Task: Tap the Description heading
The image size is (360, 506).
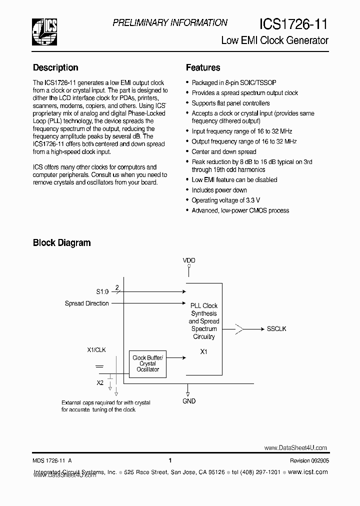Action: pyautogui.click(x=55, y=67)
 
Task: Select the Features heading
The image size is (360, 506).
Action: pyautogui.click(x=203, y=67)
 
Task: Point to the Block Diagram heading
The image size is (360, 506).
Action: pyautogui.click(x=61, y=243)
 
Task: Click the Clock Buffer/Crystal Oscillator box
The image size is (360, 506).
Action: pyautogui.click(x=147, y=363)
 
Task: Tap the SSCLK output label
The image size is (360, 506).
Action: pyautogui.click(x=276, y=328)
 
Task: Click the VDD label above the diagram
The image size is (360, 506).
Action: pyautogui.click(x=189, y=260)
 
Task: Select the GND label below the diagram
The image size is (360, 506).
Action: pyautogui.click(x=189, y=401)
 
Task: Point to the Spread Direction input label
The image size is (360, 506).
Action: pyautogui.click(x=86, y=303)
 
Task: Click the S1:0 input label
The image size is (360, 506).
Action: pyautogui.click(x=102, y=291)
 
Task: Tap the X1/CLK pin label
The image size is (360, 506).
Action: pyautogui.click(x=96, y=350)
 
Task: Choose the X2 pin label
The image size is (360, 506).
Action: pyautogui.click(x=100, y=382)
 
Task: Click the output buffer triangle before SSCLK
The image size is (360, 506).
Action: pyautogui.click(x=239, y=328)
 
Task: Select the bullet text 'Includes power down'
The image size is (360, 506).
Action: pyautogui.click(x=219, y=190)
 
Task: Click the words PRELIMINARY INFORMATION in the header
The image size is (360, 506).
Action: pyautogui.click(x=170, y=22)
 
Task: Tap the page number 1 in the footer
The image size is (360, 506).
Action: pyautogui.click(x=170, y=460)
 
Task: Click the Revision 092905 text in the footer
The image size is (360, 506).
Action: pyautogui.click(x=309, y=461)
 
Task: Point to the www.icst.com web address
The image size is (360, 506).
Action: pyautogui.click(x=308, y=472)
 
